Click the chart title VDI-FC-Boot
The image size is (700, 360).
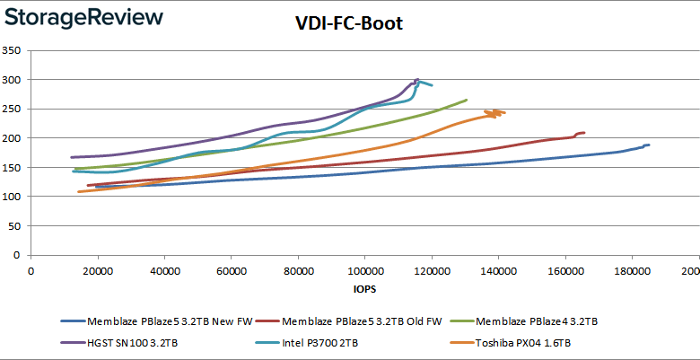(x=349, y=23)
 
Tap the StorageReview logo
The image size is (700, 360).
(x=84, y=18)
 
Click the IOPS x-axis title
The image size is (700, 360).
(x=363, y=289)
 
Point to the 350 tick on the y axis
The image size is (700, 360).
(x=12, y=50)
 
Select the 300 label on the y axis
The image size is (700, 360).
(x=12, y=80)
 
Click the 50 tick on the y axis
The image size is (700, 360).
(x=14, y=226)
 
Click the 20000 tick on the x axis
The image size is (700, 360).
(x=98, y=271)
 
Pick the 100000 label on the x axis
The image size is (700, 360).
(x=364, y=271)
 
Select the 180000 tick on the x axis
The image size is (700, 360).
(x=632, y=271)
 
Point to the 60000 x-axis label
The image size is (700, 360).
(x=232, y=271)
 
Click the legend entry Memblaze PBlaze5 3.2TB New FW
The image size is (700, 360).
(x=157, y=321)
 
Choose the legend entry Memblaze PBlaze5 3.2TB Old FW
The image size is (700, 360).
(x=355, y=321)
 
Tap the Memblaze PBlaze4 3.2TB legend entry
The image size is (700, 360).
(x=526, y=321)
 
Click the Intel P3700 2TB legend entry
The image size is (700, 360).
(x=307, y=343)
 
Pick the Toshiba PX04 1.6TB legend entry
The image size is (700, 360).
(x=511, y=343)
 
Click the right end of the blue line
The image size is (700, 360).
(x=649, y=145)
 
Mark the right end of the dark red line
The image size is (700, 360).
(x=584, y=133)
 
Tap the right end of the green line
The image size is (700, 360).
(x=467, y=100)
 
